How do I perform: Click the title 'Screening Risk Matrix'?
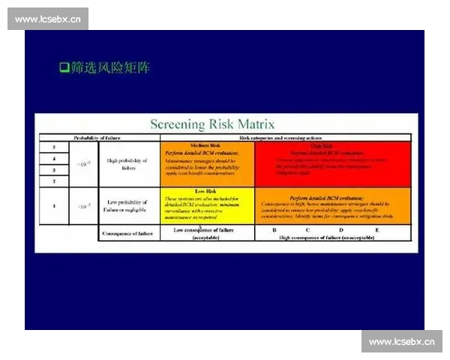click(x=213, y=124)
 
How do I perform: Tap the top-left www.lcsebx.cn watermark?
click(x=48, y=19)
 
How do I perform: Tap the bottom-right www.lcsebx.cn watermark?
click(x=401, y=341)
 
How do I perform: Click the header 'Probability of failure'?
click(x=96, y=138)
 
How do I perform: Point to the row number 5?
click(x=54, y=147)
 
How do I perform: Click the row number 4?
click(x=54, y=158)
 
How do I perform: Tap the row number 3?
click(x=54, y=169)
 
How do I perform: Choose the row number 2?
click(x=54, y=181)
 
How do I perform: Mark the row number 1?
click(x=54, y=205)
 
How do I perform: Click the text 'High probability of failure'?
click(x=127, y=164)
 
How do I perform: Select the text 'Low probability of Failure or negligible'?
click(x=127, y=205)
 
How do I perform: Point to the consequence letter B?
click(x=274, y=229)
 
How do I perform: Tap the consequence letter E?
click(x=376, y=229)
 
